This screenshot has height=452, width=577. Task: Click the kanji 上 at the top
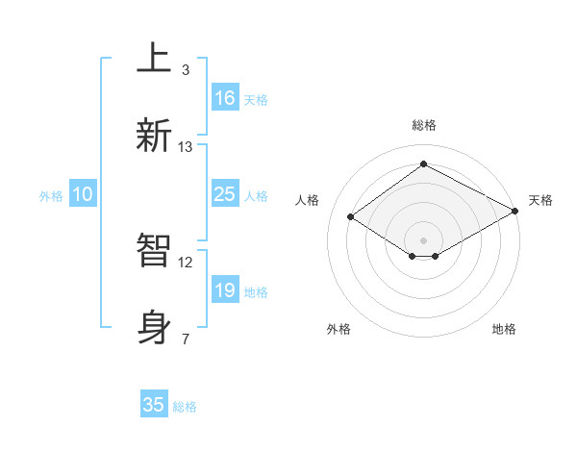tap(153, 58)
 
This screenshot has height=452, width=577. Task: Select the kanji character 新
tap(154, 135)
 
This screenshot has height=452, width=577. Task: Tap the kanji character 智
tap(154, 251)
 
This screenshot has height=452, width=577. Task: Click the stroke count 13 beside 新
tap(186, 147)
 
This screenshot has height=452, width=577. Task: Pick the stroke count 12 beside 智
tap(186, 262)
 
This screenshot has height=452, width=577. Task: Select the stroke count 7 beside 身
tap(186, 339)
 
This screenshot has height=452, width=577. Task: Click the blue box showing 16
tap(225, 97)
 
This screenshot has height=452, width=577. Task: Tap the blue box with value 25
tap(225, 194)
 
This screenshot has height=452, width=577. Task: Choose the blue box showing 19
tap(225, 290)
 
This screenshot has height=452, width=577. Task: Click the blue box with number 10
tap(83, 194)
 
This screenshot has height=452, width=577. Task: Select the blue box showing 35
tap(154, 405)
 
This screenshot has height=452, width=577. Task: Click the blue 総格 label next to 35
tap(185, 407)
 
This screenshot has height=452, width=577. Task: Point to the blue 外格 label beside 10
tap(51, 196)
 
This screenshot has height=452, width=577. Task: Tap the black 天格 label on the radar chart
tap(540, 200)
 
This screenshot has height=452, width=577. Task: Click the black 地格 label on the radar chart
tap(504, 329)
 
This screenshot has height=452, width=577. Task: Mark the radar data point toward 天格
tap(516, 212)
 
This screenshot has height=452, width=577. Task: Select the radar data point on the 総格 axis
tap(423, 164)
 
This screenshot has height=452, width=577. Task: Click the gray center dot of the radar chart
tap(423, 239)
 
